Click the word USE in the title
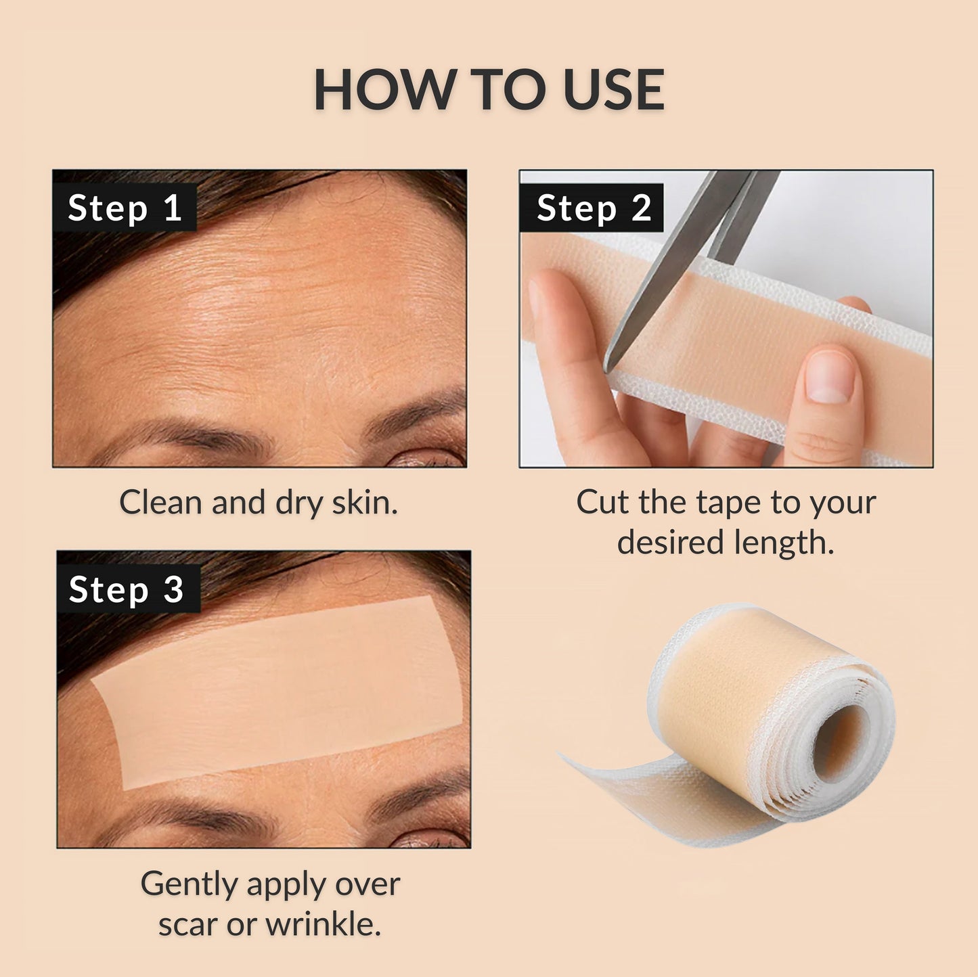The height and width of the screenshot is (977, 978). click(613, 90)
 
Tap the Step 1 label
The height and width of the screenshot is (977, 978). click(125, 208)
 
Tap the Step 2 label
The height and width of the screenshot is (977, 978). click(593, 208)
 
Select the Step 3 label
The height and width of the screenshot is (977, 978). click(127, 589)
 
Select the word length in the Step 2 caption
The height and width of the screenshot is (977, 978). click(790, 543)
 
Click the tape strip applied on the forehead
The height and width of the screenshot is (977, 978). click(277, 690)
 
